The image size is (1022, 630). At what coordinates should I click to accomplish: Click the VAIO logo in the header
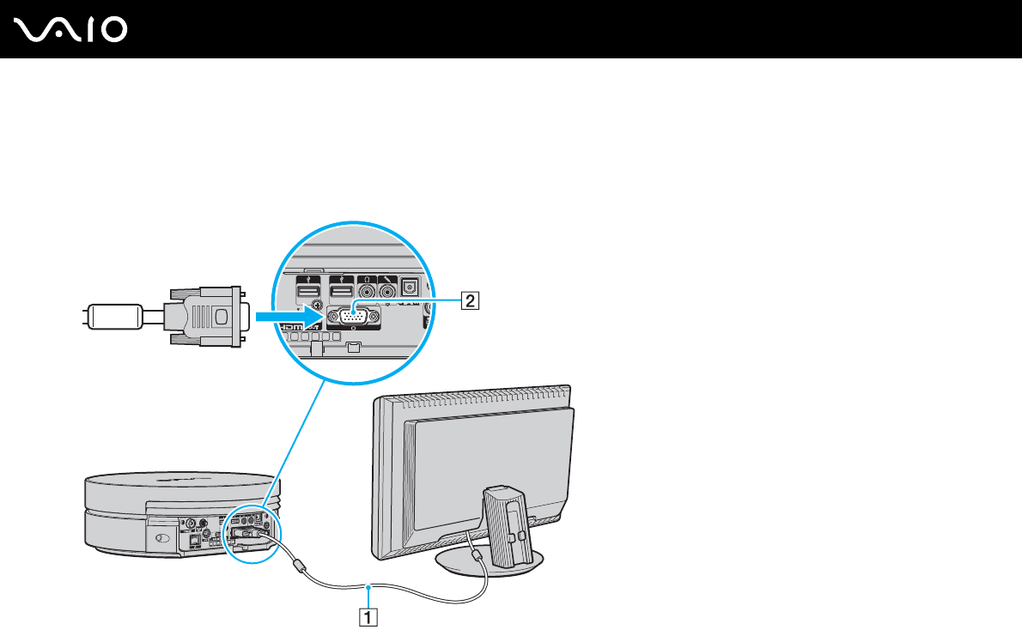pos(71,29)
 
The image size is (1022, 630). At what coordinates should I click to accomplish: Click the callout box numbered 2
pos(469,300)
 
